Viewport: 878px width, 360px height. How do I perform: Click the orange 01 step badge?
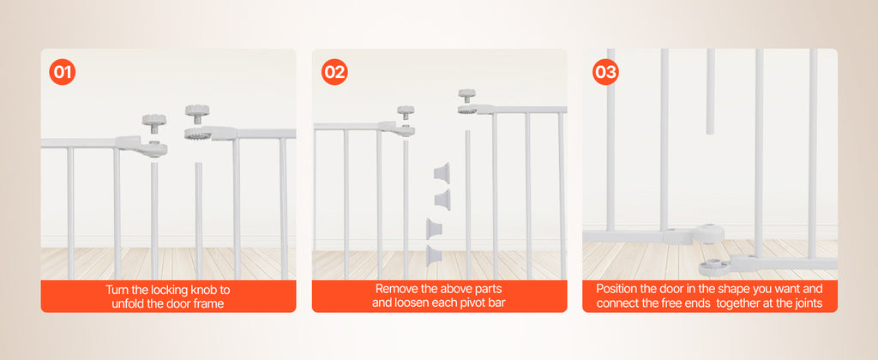pyautogui.click(x=63, y=72)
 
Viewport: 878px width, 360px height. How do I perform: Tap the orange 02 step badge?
pyautogui.click(x=334, y=72)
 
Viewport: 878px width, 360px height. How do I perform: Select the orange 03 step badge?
pyautogui.click(x=605, y=72)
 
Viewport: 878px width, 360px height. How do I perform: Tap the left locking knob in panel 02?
pyautogui.click(x=405, y=112)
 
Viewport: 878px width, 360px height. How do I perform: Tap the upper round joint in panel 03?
pyautogui.click(x=711, y=233)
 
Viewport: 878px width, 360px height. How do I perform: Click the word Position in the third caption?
pyautogui.click(x=617, y=289)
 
